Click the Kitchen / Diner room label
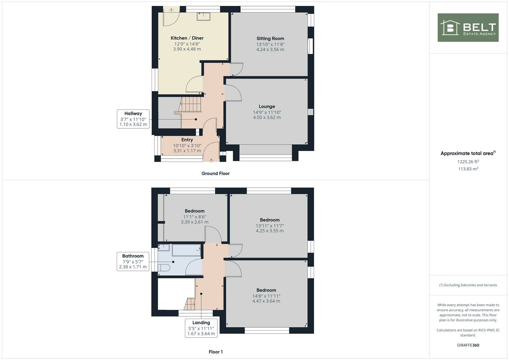pyautogui.click(x=187, y=38)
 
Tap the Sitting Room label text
pyautogui.click(x=270, y=38)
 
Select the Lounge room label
pyautogui.click(x=267, y=107)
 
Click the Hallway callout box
pyautogui.click(x=133, y=119)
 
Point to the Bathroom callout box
pyautogui.click(x=133, y=261)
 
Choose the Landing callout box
pyautogui.click(x=201, y=328)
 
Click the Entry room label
pyautogui.click(x=187, y=140)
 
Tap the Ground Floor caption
pyautogui.click(x=215, y=173)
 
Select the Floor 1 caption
pyautogui.click(x=216, y=352)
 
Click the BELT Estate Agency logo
pyautogui.click(x=468, y=28)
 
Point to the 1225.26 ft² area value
pyautogui.click(x=468, y=162)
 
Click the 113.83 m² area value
pyautogui.click(x=468, y=169)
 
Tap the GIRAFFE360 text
pyautogui.click(x=468, y=345)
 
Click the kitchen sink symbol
pyautogui.click(x=203, y=16)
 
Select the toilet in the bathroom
pyautogui.click(x=164, y=268)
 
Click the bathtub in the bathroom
pyautogui.click(x=186, y=250)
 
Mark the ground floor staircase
pyautogui.click(x=191, y=104)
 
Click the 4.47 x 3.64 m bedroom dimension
pyautogui.click(x=266, y=301)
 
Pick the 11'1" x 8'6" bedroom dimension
pyautogui.click(x=194, y=217)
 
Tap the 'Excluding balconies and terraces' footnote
pyautogui.click(x=468, y=285)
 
